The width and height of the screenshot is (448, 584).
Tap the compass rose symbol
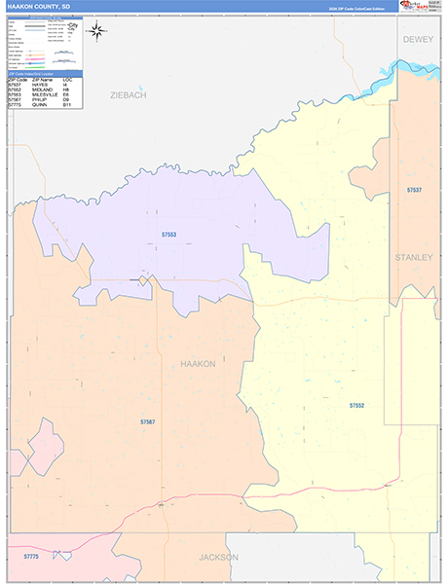(97, 30)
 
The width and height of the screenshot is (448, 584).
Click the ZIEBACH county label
(129, 95)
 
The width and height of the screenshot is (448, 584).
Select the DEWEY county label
(419, 39)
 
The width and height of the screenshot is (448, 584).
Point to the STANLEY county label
(414, 257)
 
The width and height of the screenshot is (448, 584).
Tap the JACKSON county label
(218, 558)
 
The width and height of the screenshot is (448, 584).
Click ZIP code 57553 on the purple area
(170, 235)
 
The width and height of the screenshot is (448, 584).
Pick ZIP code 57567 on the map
(147, 421)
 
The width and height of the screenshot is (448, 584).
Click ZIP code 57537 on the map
(415, 190)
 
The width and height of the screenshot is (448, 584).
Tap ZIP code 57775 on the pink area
(30, 555)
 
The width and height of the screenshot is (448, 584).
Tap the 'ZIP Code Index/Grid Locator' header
(39, 73)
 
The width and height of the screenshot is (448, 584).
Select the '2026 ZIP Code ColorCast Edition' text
(351, 7)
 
